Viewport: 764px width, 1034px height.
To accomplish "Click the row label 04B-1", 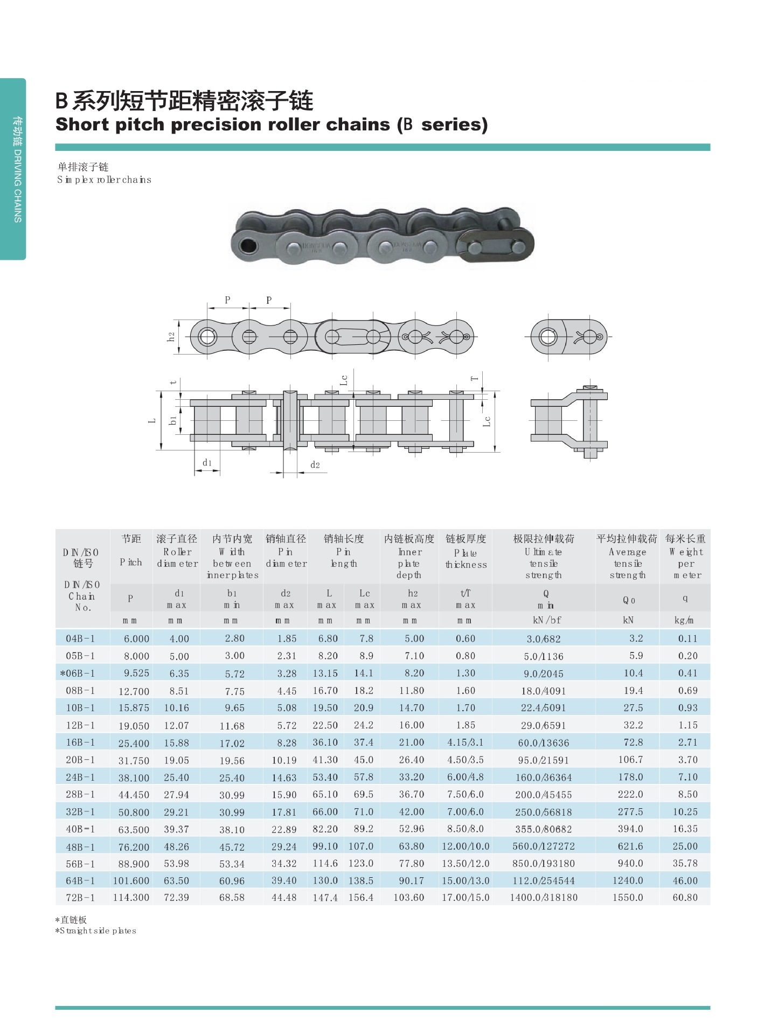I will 80,639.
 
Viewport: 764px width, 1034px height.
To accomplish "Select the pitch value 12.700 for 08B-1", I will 134,691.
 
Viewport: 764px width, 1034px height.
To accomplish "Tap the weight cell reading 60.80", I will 685,898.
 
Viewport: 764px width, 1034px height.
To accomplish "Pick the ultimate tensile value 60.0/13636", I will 543,742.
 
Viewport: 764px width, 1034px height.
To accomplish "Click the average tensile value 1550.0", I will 628,898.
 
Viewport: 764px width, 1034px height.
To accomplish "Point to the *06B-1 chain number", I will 79,674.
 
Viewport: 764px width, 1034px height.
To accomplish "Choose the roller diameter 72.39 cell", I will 176,898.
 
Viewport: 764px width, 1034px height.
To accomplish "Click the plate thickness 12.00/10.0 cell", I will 466,846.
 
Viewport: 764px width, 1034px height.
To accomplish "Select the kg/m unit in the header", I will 684,620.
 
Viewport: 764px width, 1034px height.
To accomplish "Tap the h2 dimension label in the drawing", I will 171,337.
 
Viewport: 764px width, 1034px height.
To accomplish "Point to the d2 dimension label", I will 315,465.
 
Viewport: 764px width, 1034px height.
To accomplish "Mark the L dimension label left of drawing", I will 152,421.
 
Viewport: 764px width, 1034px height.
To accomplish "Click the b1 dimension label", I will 173,420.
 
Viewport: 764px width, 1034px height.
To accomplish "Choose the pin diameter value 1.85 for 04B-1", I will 287,639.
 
